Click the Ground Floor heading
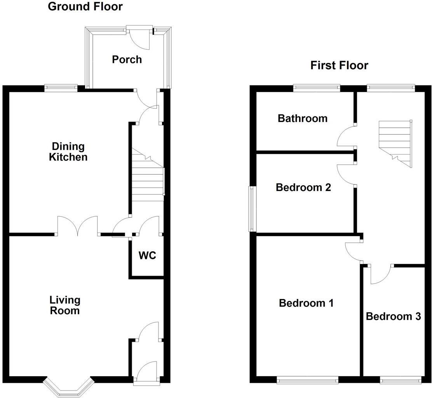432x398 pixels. tap(85, 7)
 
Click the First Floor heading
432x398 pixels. tap(339, 65)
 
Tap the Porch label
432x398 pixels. tap(127, 59)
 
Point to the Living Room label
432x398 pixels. tap(65, 305)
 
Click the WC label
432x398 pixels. tap(147, 255)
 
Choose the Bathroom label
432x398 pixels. tap(302, 118)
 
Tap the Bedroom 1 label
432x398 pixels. tap(306, 303)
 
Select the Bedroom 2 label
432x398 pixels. tap(303, 188)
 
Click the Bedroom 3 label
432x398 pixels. tap(393, 316)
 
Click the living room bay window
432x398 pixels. tap(69, 387)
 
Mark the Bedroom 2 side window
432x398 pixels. tap(253, 209)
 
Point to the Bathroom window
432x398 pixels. tap(317, 88)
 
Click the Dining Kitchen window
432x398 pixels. tap(61, 88)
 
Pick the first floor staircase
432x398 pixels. tap(395, 142)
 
